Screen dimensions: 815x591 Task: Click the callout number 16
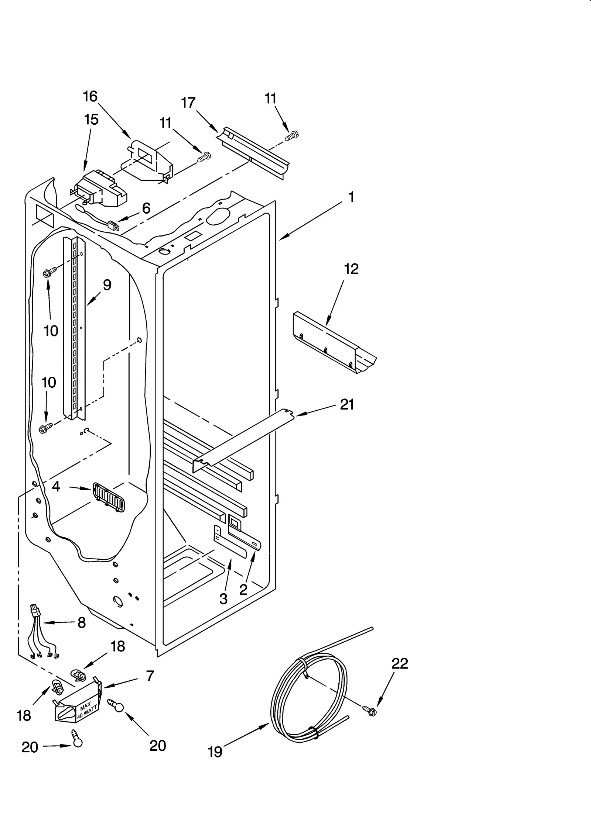click(x=90, y=96)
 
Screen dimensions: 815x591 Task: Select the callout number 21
click(x=347, y=405)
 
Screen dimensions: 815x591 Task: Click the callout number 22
click(x=400, y=663)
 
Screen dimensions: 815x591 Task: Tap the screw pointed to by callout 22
click(x=369, y=711)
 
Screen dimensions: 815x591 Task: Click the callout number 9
click(x=107, y=285)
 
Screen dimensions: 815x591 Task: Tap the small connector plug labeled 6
click(x=113, y=225)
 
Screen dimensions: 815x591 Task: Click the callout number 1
click(x=351, y=197)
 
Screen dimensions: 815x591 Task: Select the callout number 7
click(x=150, y=676)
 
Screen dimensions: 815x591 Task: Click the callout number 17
click(x=188, y=103)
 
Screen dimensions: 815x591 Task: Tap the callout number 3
click(x=223, y=599)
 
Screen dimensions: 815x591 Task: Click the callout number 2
click(x=243, y=590)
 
